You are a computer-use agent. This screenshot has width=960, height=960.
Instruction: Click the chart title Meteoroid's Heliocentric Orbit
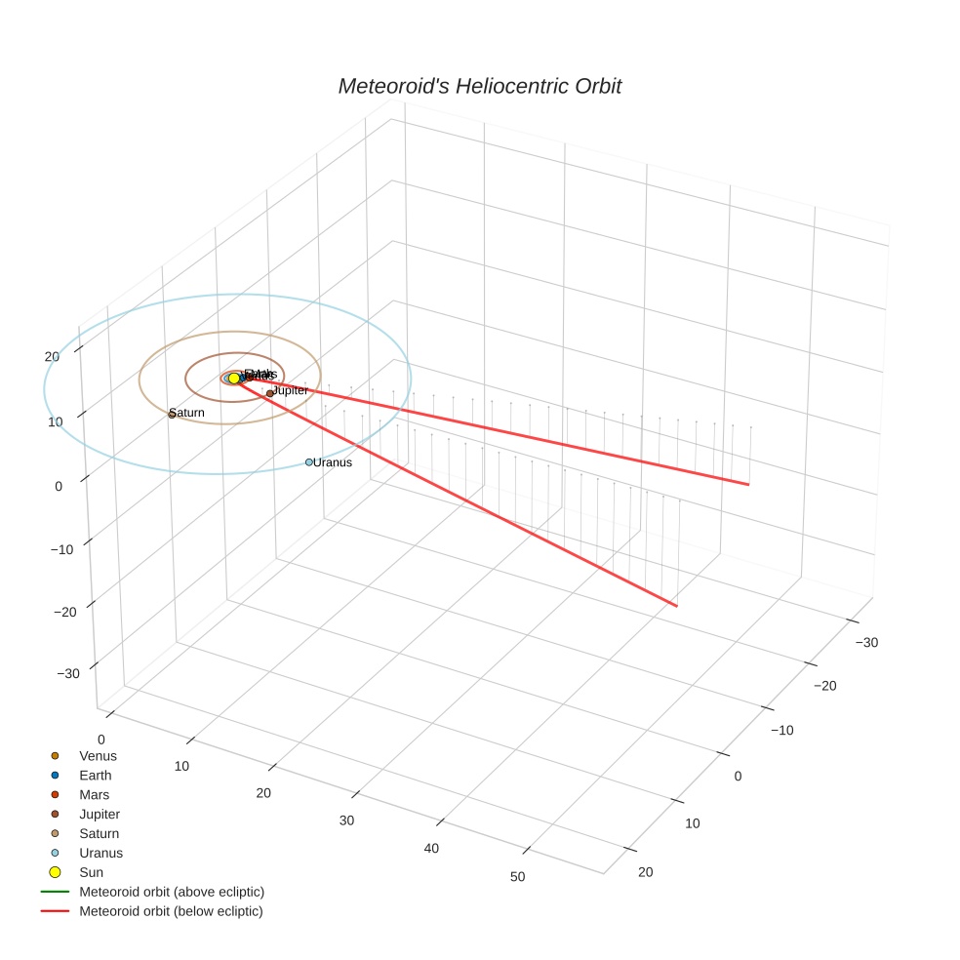pos(479,87)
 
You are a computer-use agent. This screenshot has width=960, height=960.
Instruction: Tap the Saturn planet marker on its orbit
pos(172,415)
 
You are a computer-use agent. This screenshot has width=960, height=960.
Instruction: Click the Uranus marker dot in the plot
pos(309,462)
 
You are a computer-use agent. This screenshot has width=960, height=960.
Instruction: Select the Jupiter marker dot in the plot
pos(270,393)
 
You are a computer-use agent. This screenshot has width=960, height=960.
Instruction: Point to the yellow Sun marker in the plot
pos(234,379)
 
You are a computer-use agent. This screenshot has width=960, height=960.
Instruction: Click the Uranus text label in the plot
pos(333,462)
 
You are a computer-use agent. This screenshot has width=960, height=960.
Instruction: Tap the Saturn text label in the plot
pos(188,414)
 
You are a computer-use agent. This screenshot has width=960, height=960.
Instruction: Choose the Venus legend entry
pos(98,756)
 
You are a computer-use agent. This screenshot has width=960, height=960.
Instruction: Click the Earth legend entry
pos(96,776)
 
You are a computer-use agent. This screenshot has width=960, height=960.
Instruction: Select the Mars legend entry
pos(95,795)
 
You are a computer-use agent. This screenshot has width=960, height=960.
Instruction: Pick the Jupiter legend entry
pos(100,815)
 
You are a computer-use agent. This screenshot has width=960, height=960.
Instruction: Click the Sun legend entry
pos(91,872)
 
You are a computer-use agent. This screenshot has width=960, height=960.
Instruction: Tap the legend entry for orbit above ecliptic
pos(172,892)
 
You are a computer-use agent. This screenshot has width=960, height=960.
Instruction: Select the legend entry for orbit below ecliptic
pos(172,911)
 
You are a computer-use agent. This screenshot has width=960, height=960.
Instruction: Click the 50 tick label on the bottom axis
pos(517,877)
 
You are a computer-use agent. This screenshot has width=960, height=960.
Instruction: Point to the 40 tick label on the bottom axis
pos(431,849)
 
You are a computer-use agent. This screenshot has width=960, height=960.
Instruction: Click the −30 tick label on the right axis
pos(866,642)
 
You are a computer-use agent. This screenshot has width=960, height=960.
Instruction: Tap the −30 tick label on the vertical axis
pos(68,674)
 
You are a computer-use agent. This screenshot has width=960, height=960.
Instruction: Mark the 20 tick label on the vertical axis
pos(52,357)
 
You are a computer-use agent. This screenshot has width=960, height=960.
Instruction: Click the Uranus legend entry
pos(100,853)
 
